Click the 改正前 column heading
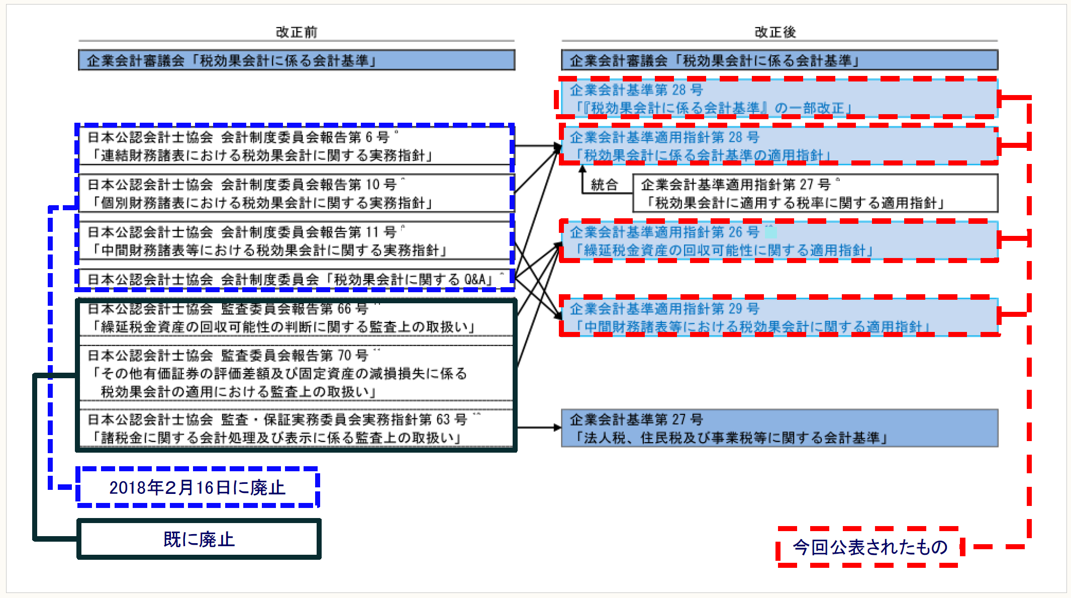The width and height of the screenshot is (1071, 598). pyautogui.click(x=296, y=32)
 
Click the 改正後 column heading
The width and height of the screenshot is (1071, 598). pyautogui.click(x=775, y=32)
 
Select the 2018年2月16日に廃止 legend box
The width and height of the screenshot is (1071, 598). pyautogui.click(x=198, y=487)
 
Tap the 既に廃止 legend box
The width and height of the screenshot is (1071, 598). pyautogui.click(x=199, y=539)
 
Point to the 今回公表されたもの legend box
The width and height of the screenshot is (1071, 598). pyautogui.click(x=869, y=547)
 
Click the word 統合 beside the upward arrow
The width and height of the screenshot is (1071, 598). pyautogui.click(x=604, y=185)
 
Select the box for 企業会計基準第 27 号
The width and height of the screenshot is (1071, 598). pyautogui.click(x=779, y=429)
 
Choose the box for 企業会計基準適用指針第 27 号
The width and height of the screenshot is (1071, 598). pyautogui.click(x=814, y=194)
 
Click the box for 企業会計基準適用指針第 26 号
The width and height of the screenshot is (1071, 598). pyautogui.click(x=779, y=241)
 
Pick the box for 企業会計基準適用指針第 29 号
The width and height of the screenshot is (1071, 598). pyautogui.click(x=779, y=317)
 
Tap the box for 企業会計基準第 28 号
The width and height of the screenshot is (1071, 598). pyautogui.click(x=779, y=98)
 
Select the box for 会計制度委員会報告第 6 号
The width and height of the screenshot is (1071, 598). pyautogui.click(x=296, y=146)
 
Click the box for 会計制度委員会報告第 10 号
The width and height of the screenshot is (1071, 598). pyautogui.click(x=296, y=194)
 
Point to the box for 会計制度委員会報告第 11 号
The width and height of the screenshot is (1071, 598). pyautogui.click(x=296, y=241)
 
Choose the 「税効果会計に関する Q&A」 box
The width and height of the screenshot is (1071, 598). pyautogui.click(x=296, y=280)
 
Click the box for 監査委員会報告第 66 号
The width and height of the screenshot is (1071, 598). pyautogui.click(x=296, y=318)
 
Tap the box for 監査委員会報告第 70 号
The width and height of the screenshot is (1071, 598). pyautogui.click(x=296, y=373)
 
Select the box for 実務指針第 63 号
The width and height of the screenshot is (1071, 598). pyautogui.click(x=296, y=429)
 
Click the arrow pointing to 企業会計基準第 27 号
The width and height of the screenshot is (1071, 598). pyautogui.click(x=539, y=428)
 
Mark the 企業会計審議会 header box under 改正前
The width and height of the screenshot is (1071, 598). pyautogui.click(x=297, y=60)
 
